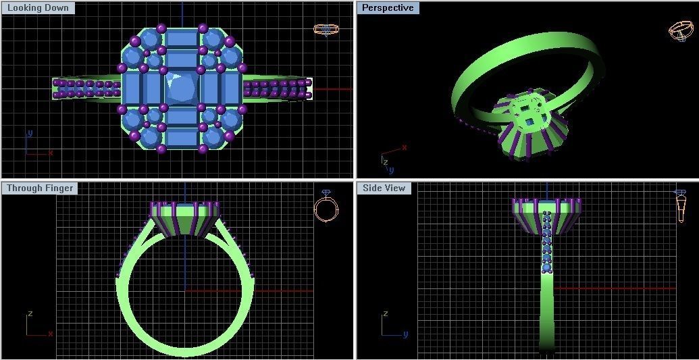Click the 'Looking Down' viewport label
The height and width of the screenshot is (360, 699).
pyautogui.click(x=38, y=8)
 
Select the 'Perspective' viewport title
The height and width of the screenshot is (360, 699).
pyautogui.click(x=388, y=8)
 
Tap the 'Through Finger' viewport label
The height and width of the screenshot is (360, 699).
pyautogui.click(x=40, y=188)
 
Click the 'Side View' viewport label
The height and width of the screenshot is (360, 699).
pyautogui.click(x=384, y=188)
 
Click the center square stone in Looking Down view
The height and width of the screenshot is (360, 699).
pyautogui.click(x=182, y=88)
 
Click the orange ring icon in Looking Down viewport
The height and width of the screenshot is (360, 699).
pyautogui.click(x=326, y=30)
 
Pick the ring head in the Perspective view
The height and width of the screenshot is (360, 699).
pyautogui.click(x=530, y=125)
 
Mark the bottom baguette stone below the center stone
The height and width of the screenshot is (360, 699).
pyautogui.click(x=182, y=138)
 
